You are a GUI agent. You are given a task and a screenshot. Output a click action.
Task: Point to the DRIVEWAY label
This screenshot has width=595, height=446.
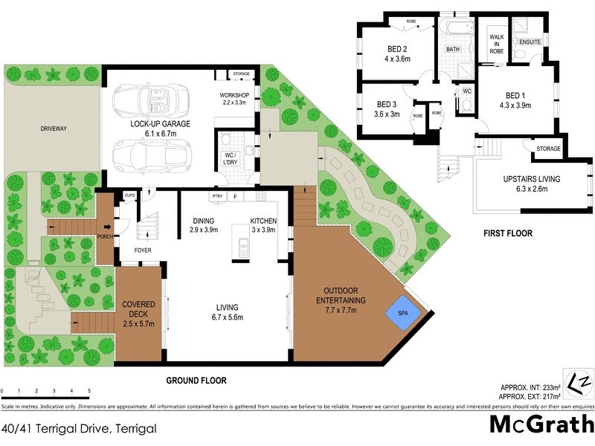click(54, 129)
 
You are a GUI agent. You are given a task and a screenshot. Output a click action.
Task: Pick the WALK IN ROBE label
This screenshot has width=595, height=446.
click(497, 45)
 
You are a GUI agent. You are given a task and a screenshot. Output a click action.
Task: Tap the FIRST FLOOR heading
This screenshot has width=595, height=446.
click(507, 233)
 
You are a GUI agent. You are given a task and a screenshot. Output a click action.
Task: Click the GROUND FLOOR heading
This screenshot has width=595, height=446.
click(196, 381)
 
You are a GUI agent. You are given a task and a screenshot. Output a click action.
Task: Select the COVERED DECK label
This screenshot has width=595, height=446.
click(138, 306)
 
